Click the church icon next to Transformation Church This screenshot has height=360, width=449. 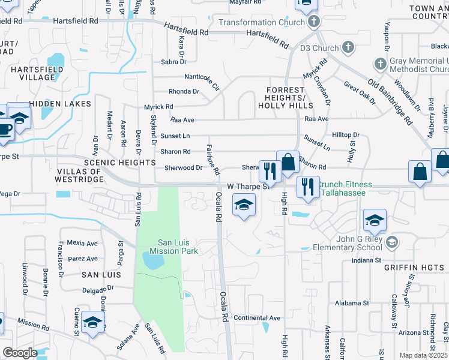tap(312, 22)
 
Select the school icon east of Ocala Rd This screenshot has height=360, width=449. tap(244, 206)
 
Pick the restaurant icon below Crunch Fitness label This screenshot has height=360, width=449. tap(308, 187)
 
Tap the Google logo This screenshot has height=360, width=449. tap(20, 352)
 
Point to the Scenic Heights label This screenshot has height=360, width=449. tap(120, 163)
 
